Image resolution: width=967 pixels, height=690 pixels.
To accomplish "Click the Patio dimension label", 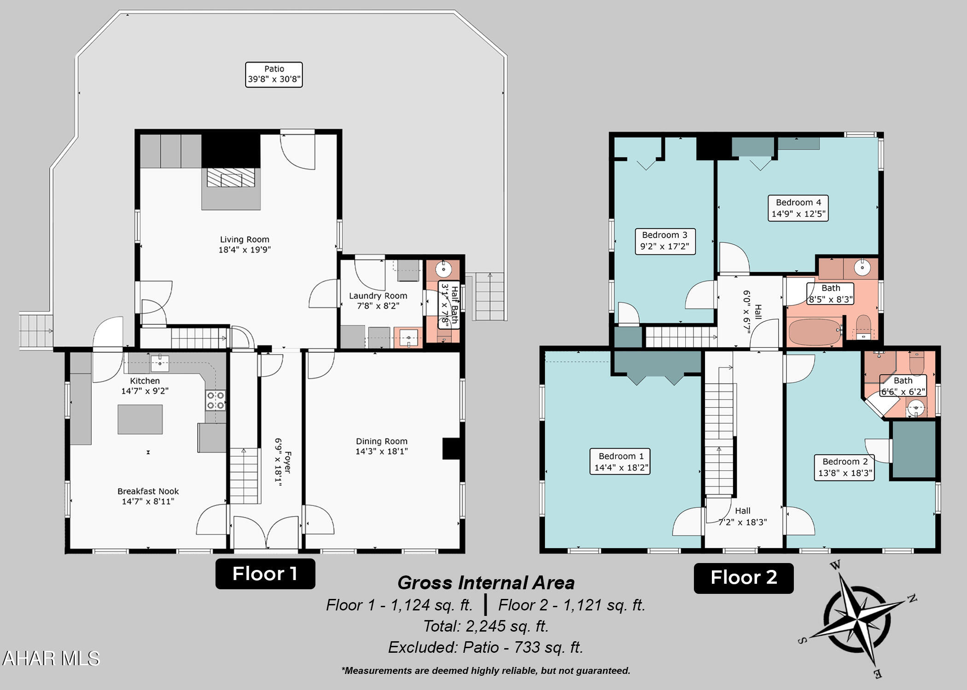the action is [274, 75].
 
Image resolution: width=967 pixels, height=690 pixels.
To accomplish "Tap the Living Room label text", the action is [245, 244].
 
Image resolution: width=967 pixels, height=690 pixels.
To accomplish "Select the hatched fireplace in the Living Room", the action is [231, 178].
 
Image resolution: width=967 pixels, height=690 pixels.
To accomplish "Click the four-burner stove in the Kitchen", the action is [216, 400].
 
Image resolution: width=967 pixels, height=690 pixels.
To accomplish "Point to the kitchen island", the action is [140, 419].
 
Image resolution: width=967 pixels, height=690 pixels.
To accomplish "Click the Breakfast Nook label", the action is [148, 496].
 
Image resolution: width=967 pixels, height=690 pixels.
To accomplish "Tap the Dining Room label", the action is [381, 446].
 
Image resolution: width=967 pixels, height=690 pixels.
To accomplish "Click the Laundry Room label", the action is [378, 301].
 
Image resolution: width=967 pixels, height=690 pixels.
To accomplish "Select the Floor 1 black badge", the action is [265, 574].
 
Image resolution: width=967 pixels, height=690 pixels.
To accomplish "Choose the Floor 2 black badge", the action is [744, 578].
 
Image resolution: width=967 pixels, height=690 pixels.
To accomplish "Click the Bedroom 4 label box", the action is [798, 208].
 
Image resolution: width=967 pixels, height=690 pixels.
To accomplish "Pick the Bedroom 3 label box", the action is [665, 241].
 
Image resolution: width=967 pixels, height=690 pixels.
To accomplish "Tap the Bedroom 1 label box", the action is [620, 461].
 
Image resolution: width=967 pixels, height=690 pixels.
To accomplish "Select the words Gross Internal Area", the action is [486, 583].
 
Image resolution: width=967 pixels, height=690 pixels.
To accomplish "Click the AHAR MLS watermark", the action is [51, 658].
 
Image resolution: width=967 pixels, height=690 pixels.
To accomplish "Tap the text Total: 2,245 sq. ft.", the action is [486, 626].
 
